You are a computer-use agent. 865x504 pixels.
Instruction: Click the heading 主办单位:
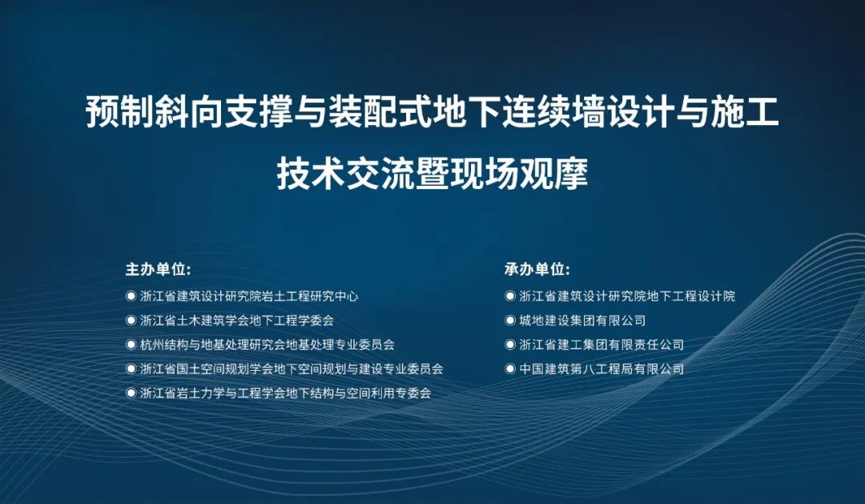point(158,270)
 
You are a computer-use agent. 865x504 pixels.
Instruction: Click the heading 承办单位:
point(537,270)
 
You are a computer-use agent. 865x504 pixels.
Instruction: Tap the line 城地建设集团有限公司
point(582,321)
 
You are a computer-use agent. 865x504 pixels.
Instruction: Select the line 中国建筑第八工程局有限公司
point(601,369)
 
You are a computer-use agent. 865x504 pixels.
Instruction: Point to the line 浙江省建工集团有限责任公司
point(601,345)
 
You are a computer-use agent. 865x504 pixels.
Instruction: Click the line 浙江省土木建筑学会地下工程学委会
point(237,321)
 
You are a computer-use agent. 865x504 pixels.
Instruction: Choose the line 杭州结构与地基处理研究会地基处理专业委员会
point(268,345)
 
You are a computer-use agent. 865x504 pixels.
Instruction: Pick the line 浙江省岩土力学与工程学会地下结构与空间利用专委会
point(286,393)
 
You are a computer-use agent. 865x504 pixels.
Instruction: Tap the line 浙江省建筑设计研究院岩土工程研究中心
point(249,296)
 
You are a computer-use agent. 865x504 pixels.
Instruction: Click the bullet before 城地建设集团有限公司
point(510,321)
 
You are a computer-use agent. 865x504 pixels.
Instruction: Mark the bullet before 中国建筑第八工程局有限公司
point(510,369)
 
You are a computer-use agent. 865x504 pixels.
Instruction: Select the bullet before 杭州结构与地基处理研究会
point(131,345)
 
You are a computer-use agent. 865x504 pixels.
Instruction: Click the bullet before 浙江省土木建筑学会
point(131,321)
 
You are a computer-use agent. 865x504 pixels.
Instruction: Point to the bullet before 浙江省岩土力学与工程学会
point(131,393)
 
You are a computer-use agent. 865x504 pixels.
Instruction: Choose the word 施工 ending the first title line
point(745,112)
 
